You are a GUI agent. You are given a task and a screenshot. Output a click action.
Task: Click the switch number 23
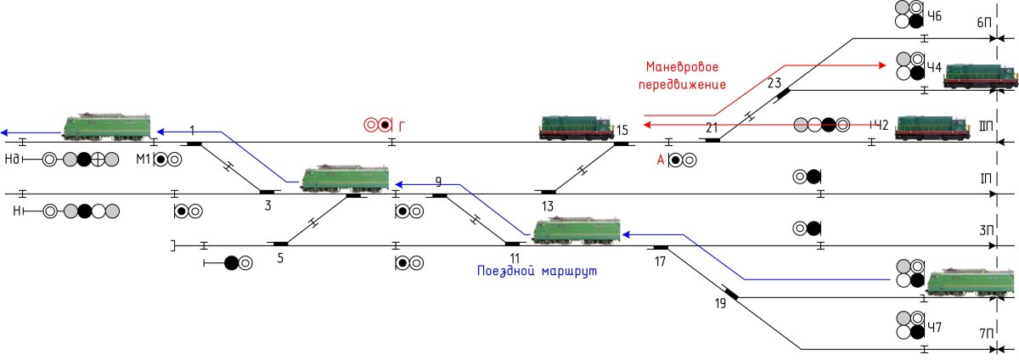coord(774,83)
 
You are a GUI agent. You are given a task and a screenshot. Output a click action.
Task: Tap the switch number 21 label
coord(712,127)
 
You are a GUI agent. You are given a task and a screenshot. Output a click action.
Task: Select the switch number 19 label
coord(721,304)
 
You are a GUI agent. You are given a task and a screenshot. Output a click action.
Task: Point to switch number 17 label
coord(660,262)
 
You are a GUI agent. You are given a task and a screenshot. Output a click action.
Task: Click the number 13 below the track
coord(548,206)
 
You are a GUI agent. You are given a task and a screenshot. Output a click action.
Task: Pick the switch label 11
coord(515,258)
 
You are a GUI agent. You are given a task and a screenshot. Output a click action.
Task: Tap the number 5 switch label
coord(280,258)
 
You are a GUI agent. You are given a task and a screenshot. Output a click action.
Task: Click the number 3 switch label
coord(268,205)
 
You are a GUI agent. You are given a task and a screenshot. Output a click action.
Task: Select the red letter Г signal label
coord(401,126)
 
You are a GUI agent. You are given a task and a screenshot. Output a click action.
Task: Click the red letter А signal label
coord(661,160)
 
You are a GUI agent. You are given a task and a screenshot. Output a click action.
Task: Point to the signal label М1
coord(144,160)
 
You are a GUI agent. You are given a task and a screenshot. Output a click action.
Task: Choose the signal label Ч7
coord(934,327)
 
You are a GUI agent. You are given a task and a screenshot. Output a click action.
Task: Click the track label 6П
coord(983,35)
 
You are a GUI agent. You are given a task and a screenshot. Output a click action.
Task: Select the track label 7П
coord(985,334)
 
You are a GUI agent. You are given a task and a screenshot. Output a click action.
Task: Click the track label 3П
coord(986,230)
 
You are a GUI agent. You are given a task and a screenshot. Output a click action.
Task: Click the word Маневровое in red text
coord(683,67)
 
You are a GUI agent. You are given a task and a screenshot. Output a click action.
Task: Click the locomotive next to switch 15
coord(577,127)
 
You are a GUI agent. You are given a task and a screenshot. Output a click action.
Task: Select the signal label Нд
coord(12,160)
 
